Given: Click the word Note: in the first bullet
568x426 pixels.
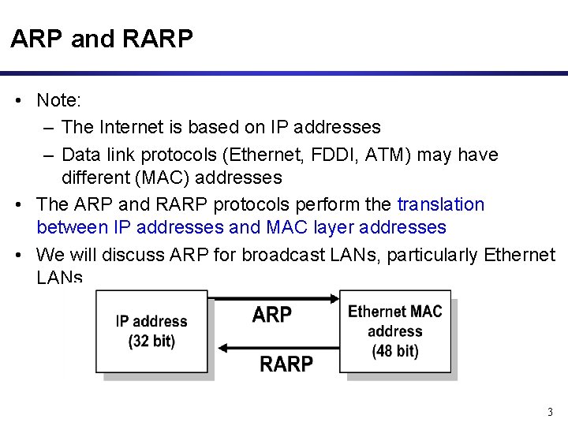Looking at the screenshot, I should tap(65, 102).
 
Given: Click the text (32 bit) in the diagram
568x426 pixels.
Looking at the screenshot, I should tap(151, 341).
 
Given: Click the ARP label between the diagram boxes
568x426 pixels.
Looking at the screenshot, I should tap(271, 315).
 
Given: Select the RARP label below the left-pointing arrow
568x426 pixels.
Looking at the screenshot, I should tap(286, 364).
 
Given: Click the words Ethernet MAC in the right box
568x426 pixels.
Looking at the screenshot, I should tap(395, 311).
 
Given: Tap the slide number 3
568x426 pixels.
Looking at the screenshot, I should tap(549, 411).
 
